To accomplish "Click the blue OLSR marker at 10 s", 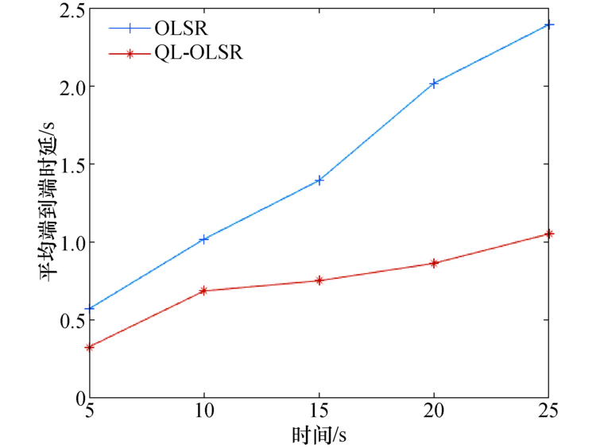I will pos(204,239).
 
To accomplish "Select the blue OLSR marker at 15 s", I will pos(319,180).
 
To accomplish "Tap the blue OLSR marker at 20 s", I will pos(434,83).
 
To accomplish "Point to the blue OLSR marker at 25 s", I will pos(548,25).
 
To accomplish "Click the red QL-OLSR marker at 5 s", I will pos(90,347).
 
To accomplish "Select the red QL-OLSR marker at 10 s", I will pos(204,291).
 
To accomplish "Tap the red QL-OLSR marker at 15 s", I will pos(319,280).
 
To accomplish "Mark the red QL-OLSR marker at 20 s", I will pos(434,263).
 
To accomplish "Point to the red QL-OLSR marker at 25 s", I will pos(548,234).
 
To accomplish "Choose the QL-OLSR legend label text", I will pos(199,54).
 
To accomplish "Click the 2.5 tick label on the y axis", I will pos(69,10).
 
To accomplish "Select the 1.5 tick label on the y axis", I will pos(69,164).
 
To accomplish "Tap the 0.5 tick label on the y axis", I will pos(69,320).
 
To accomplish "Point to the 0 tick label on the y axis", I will pos(78,397).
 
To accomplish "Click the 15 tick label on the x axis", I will pos(319,412).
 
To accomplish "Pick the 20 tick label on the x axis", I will pos(434,412).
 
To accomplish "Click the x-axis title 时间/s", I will pos(319,434).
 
